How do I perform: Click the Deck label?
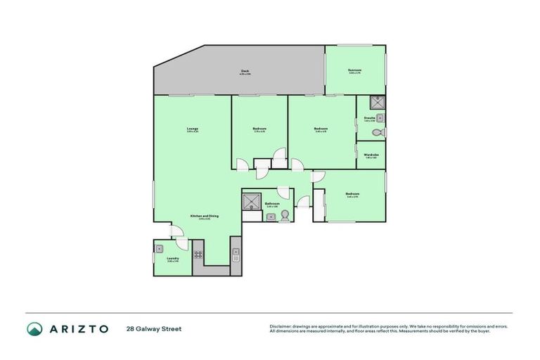tap(245, 70)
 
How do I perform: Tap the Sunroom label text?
tap(355, 70)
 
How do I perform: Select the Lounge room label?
tap(192, 129)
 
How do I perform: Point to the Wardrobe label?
tap(372, 154)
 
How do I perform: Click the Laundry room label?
tap(172, 258)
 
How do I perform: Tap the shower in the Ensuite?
tap(378, 101)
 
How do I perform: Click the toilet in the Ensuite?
tap(377, 132)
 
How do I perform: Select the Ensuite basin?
tap(380, 117)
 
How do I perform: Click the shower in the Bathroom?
tap(252, 202)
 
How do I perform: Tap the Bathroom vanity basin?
tap(271, 217)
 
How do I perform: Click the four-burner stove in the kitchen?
tap(198, 255)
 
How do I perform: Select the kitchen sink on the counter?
tap(236, 252)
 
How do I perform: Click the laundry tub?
tap(160, 247)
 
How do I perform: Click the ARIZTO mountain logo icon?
tap(35, 328)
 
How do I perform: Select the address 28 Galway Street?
tap(153, 328)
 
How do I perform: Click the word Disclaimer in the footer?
tap(281, 326)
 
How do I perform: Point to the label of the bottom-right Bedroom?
tap(353, 195)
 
